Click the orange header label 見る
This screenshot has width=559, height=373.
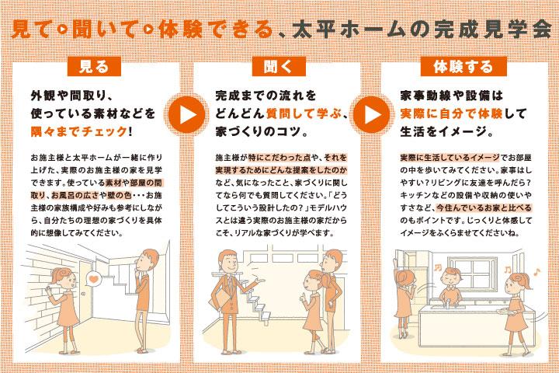click(94, 66)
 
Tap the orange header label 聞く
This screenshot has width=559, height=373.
click(279, 66)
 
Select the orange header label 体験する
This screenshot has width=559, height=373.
click(464, 66)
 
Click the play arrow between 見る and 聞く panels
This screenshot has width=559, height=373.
click(186, 114)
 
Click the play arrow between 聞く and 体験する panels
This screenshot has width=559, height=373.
click(371, 114)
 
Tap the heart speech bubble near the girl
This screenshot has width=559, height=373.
click(93, 278)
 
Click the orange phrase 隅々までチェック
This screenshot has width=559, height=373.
click(79, 131)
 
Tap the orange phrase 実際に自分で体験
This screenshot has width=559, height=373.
click(451, 113)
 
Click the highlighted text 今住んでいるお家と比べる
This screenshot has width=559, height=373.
click(484, 207)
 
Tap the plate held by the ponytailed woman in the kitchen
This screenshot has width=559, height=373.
click(505, 312)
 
